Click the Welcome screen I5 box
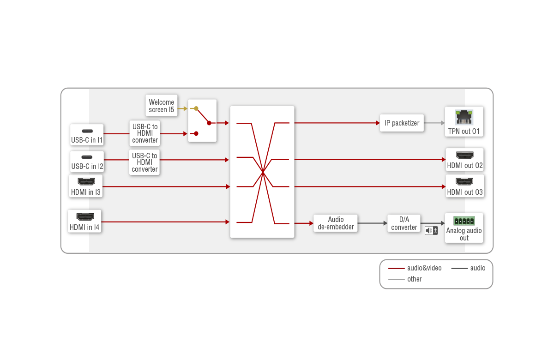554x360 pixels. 161,106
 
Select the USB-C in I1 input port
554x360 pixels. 87,135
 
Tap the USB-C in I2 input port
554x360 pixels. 87,162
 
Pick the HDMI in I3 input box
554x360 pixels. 86,186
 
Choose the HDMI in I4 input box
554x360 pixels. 84,221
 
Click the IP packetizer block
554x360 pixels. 402,123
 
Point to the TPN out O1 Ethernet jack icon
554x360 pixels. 464,117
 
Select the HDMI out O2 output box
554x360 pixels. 464,160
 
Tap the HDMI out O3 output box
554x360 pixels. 464,186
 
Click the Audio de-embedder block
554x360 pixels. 336,223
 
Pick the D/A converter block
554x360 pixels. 404,223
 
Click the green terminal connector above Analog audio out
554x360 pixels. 464,220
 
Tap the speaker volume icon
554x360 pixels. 431,230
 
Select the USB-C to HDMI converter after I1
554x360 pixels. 145,133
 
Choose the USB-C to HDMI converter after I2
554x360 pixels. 145,162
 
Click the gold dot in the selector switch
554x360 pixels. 196,108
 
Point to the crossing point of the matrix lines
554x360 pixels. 262,172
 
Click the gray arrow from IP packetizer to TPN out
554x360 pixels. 434,123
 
